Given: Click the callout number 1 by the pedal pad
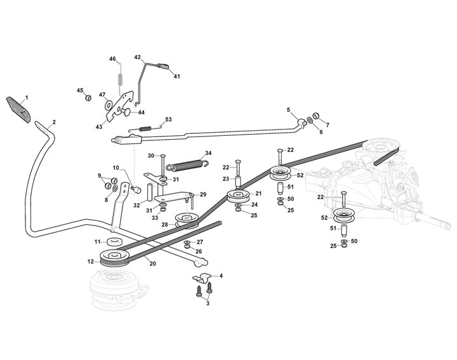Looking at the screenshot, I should click(x=27, y=98).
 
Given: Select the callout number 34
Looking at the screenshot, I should click(x=208, y=153).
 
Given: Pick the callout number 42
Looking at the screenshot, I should click(x=137, y=57).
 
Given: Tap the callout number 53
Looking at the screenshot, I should click(x=168, y=119).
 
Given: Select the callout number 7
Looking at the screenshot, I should click(x=328, y=123).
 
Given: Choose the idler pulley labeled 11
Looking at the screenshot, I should click(x=115, y=243).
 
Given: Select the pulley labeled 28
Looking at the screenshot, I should click(x=187, y=221).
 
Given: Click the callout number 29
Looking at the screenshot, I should click(x=204, y=194).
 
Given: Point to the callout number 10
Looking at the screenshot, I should click(x=116, y=168).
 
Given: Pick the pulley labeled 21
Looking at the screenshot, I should click(x=238, y=197).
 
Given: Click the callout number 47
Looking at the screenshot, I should click(x=102, y=95).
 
